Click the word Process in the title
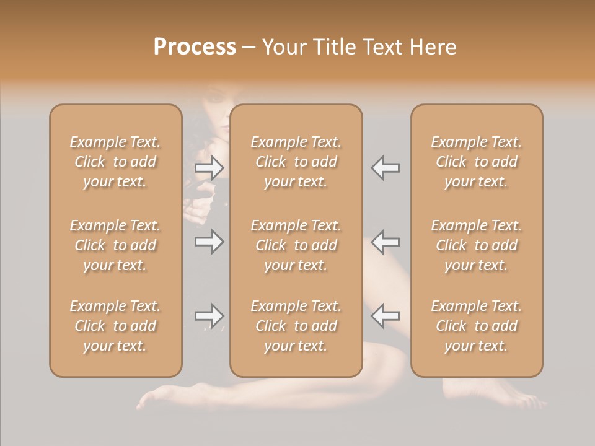coord(195,47)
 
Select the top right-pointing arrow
coord(209,167)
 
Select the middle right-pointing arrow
coord(209,241)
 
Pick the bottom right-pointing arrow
coord(209,316)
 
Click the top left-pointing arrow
coord(385,167)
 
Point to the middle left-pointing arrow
coord(385,241)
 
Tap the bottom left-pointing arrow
coord(385,316)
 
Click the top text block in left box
coord(115,162)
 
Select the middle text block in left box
coord(115,245)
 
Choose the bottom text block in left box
coord(115,326)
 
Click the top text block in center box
coord(296,162)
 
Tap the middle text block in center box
coord(296,245)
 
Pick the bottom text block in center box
coord(296,326)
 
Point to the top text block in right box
coord(477,162)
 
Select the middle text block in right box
coord(477,245)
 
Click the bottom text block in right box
coord(477,326)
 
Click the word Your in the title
coord(282,47)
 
